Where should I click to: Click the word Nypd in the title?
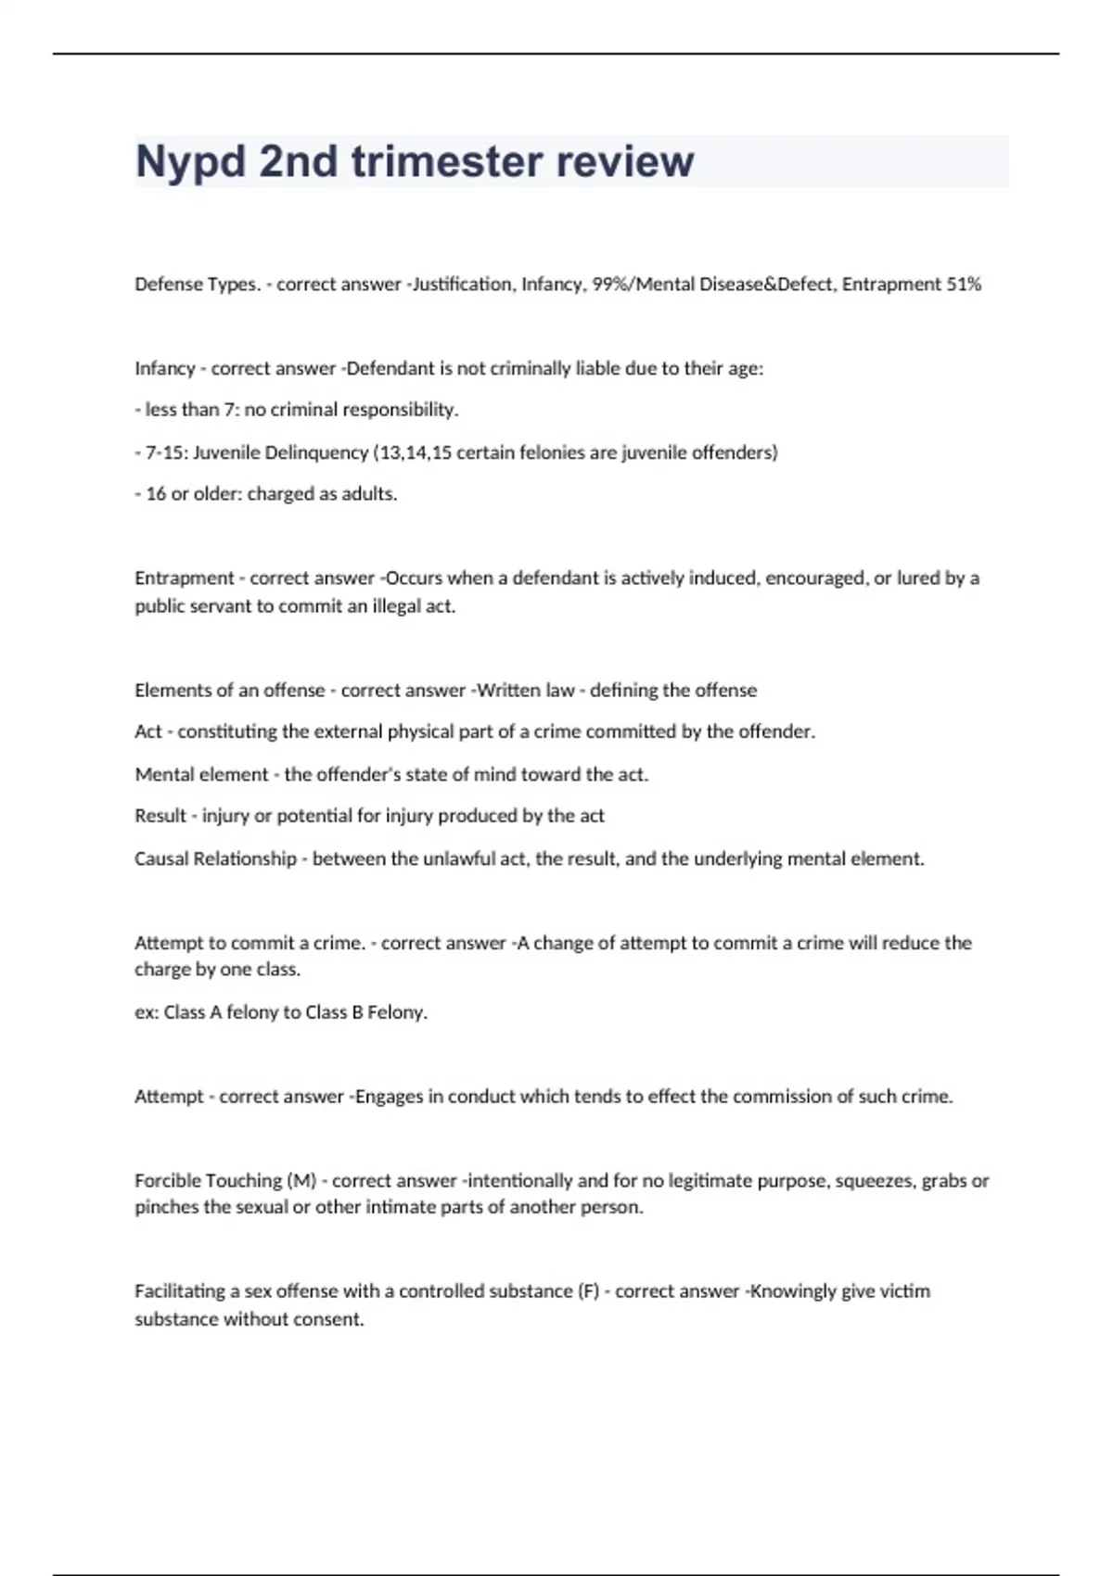click(x=190, y=162)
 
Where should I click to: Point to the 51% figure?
click(x=963, y=285)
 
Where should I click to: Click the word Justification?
click(x=462, y=285)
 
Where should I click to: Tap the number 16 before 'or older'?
click(x=156, y=494)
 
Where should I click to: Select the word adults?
click(x=369, y=494)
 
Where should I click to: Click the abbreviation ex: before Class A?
click(x=147, y=1012)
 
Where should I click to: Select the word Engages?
click(x=388, y=1097)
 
